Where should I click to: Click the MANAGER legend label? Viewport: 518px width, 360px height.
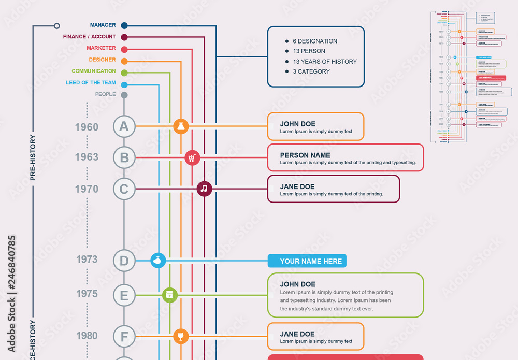pyautogui.click(x=103, y=25)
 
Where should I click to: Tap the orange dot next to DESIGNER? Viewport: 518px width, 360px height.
pyautogui.click(x=124, y=60)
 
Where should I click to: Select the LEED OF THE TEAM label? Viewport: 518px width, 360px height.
pyautogui.click(x=91, y=83)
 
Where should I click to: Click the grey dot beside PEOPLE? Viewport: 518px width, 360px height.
pyautogui.click(x=124, y=95)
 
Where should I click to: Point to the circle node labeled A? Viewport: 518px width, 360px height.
pyautogui.click(x=124, y=126)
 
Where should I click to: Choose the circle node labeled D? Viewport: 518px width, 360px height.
pyautogui.click(x=124, y=261)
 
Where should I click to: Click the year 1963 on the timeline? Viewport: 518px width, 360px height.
pyautogui.click(x=87, y=157)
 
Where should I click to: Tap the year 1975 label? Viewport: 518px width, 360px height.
pyautogui.click(x=87, y=294)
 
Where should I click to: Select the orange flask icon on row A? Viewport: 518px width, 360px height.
pyautogui.click(x=180, y=126)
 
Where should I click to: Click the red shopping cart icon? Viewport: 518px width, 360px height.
pyautogui.click(x=192, y=157)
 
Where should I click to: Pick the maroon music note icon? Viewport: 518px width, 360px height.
pyautogui.click(x=204, y=189)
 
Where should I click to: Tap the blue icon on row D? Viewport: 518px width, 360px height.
pyautogui.click(x=158, y=261)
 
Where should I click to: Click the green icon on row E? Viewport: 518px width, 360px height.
pyautogui.click(x=170, y=295)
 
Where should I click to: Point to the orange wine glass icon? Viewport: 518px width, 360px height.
pyautogui.click(x=180, y=336)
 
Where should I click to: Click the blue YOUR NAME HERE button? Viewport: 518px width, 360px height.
pyautogui.click(x=307, y=261)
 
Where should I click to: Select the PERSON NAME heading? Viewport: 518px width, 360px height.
pyautogui.click(x=305, y=155)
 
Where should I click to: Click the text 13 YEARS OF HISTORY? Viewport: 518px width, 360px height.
pyautogui.click(x=325, y=62)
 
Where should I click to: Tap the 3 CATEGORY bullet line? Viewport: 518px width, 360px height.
pyautogui.click(x=311, y=71)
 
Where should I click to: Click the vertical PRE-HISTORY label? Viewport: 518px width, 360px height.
pyautogui.click(x=33, y=157)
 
